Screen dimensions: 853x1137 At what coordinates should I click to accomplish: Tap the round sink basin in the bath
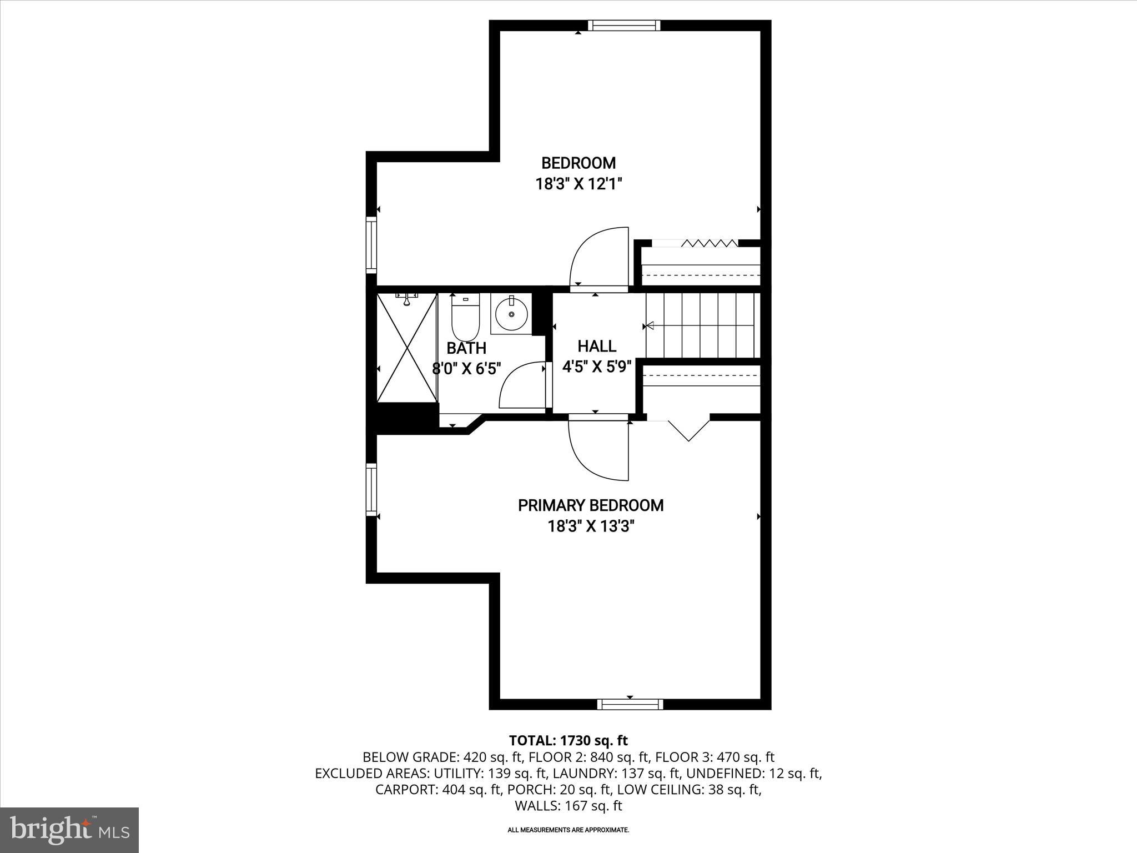[x=511, y=315]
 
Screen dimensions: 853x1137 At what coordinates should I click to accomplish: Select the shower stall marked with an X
[x=407, y=348]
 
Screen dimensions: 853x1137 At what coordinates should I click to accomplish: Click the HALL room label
[x=597, y=347]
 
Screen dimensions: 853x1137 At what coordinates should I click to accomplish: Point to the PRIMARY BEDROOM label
[x=591, y=505]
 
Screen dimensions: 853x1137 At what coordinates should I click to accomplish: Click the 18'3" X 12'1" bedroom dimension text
[x=578, y=184]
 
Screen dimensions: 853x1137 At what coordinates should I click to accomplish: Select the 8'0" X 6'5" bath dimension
[x=467, y=368]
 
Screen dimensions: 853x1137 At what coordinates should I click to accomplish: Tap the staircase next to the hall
[x=702, y=325]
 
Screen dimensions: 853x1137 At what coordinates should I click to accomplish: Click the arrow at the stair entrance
[x=648, y=325]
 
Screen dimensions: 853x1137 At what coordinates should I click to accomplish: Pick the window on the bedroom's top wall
[x=624, y=25]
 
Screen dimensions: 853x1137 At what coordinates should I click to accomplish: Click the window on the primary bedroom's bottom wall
[x=630, y=704]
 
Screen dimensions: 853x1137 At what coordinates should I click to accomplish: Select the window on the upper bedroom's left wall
[x=371, y=245]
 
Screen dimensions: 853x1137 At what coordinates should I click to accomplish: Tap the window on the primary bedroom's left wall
[x=371, y=489]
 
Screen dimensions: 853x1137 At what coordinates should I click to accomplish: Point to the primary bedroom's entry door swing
[x=597, y=450]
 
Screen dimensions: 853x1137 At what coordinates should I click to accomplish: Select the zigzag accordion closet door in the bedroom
[x=710, y=243]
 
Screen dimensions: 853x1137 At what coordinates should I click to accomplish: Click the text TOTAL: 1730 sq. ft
[x=568, y=740]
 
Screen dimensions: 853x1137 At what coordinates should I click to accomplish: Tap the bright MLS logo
[x=69, y=830]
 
